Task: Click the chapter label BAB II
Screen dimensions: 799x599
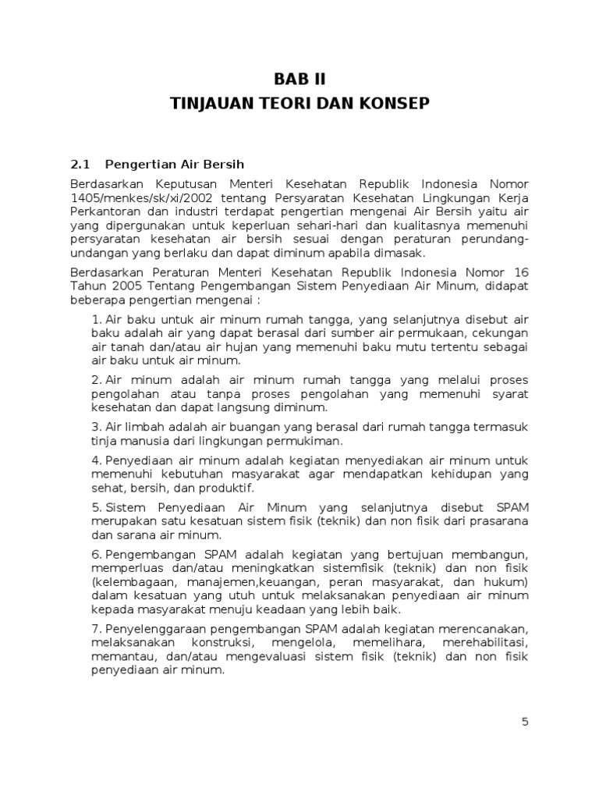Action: coord(299,79)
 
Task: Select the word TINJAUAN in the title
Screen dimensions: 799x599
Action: coord(213,103)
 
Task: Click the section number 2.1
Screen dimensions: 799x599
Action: coord(80,165)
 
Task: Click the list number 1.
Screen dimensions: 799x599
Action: coord(97,320)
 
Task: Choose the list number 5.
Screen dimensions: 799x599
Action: coord(97,508)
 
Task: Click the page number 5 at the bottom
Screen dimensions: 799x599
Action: coord(526,722)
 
